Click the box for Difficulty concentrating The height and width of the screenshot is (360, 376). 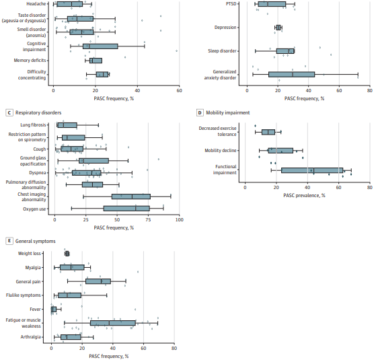pyautogui.click(x=102, y=74)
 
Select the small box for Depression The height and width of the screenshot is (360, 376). pyautogui.click(x=278, y=28)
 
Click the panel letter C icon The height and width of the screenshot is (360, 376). pyautogui.click(x=9, y=112)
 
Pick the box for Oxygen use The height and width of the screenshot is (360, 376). pyautogui.click(x=126, y=209)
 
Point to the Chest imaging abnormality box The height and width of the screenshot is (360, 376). pyautogui.click(x=130, y=196)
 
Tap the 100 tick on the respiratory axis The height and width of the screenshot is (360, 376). pyautogui.click(x=180, y=220)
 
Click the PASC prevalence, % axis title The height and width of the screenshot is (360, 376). pyautogui.click(x=304, y=195)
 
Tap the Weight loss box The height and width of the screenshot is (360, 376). pyautogui.click(x=67, y=254)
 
